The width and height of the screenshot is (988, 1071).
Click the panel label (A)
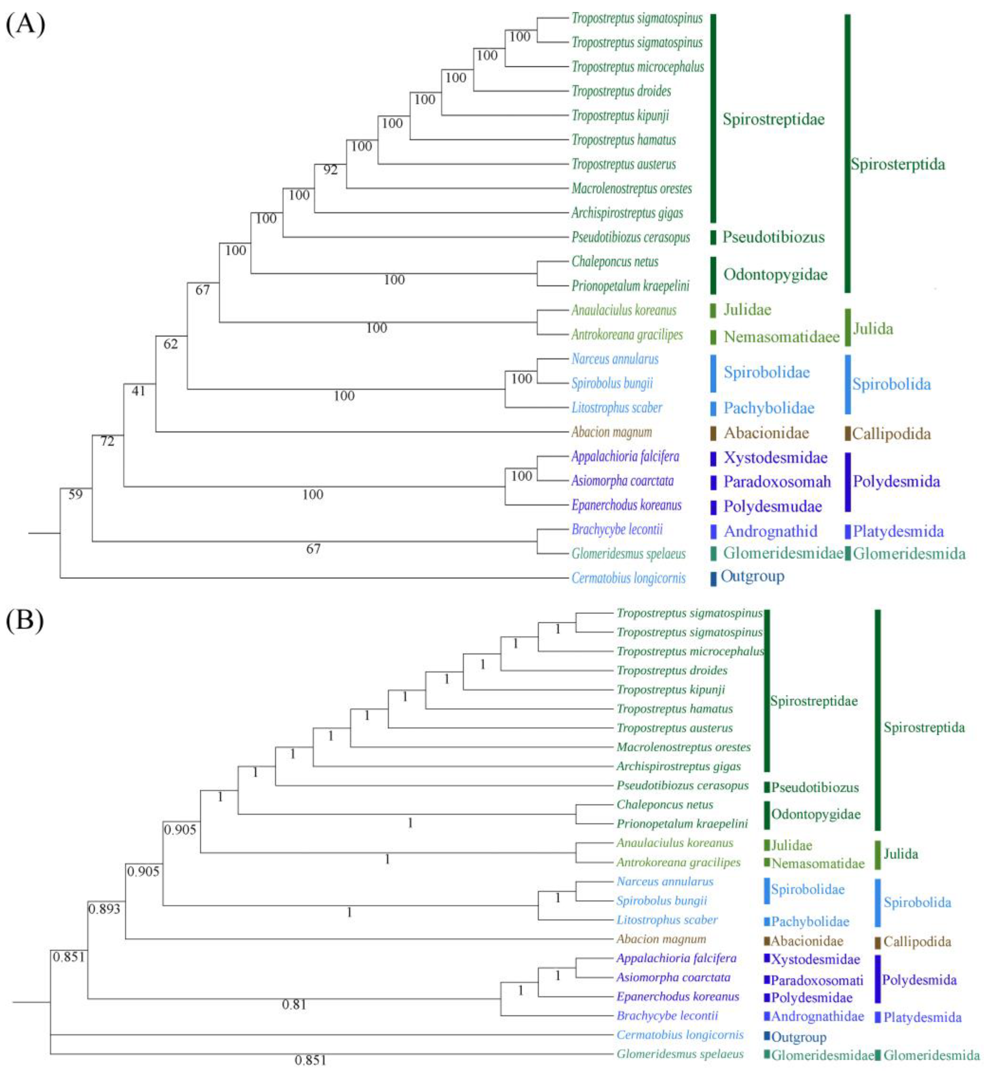pyautogui.click(x=25, y=24)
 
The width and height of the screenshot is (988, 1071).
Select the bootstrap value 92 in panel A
pyautogui.click(x=330, y=170)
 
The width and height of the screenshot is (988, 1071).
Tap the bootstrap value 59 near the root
pyautogui.click(x=76, y=495)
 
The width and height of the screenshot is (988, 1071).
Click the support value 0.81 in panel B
pyautogui.click(x=294, y=1005)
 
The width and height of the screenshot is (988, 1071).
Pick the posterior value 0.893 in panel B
pyautogui.click(x=104, y=909)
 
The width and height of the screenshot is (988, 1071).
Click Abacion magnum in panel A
pyautogui.click(x=612, y=432)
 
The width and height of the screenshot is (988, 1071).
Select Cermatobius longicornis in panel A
pyautogui.click(x=628, y=578)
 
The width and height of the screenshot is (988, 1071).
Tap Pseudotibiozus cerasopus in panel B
pyautogui.click(x=682, y=786)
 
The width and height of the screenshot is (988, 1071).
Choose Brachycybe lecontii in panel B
pyautogui.click(x=667, y=1015)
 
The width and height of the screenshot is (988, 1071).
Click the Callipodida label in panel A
pyautogui.click(x=891, y=434)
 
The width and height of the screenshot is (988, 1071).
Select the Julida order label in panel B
pyautogui.click(x=900, y=854)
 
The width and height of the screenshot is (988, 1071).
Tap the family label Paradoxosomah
pyautogui.click(x=777, y=482)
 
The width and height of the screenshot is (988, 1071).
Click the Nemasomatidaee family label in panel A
pyautogui.click(x=781, y=337)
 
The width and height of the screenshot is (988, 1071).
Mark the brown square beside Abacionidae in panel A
pyautogui.click(x=713, y=433)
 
